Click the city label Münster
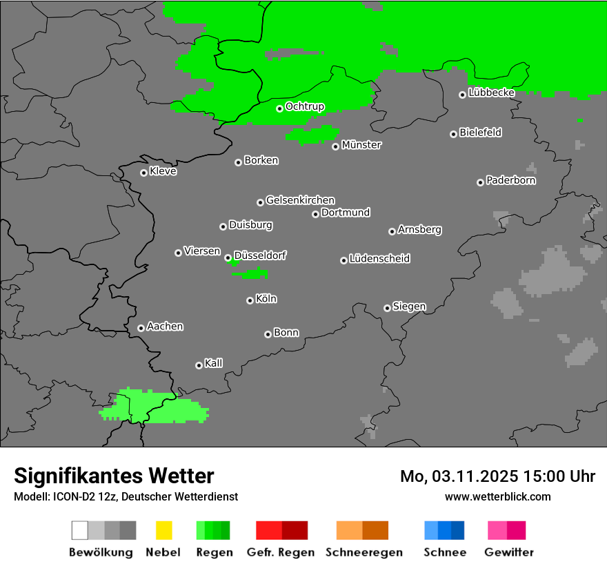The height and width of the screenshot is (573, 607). click(361, 145)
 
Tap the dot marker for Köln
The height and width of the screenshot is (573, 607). click(250, 300)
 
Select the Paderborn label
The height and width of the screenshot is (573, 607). click(510, 180)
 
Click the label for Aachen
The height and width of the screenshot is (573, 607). click(165, 327)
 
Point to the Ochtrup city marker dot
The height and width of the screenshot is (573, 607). click(279, 108)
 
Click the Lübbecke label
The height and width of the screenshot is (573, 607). click(491, 93)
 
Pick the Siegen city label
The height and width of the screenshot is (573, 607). click(409, 307)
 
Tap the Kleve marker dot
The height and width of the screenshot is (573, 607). click(143, 173)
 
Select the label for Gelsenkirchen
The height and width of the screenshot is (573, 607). click(300, 200)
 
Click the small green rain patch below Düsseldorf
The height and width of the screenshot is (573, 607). click(252, 274)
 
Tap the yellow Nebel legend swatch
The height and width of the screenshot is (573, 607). click(163, 530)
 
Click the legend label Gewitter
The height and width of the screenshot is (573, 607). click(508, 552)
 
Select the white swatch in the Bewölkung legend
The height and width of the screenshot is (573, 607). click(79, 530)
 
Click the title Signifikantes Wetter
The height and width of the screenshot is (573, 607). click(114, 476)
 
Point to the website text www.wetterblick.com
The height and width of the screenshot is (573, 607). click(497, 496)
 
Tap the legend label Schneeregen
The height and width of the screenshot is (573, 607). click(364, 552)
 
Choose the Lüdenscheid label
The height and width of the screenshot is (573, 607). click(379, 259)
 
